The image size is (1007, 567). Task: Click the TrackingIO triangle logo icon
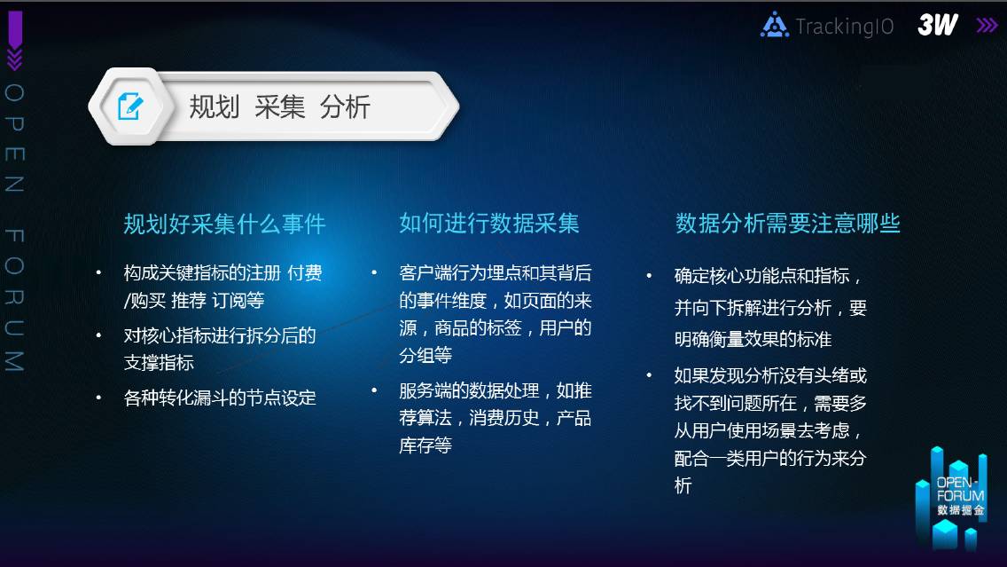tap(775, 25)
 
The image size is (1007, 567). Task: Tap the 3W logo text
tap(938, 25)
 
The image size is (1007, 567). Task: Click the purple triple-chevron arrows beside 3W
tap(987, 25)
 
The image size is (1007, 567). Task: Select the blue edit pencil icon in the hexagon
tap(130, 106)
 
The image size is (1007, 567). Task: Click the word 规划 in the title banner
tap(214, 106)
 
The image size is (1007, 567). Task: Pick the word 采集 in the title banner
tap(279, 106)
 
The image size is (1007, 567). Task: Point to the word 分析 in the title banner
tap(345, 106)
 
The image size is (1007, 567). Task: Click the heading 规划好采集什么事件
tap(225, 224)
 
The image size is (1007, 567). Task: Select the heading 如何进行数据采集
tap(489, 223)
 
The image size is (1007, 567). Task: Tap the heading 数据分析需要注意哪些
tap(787, 223)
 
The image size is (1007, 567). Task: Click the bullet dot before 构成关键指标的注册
tap(98, 272)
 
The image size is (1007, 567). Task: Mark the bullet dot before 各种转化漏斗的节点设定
tap(98, 398)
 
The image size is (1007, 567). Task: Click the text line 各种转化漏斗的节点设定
tap(220, 398)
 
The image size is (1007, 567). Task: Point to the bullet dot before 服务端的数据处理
tap(374, 390)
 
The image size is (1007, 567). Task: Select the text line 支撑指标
tap(159, 363)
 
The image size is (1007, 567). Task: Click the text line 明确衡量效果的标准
tap(753, 339)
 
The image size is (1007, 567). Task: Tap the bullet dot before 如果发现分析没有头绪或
tap(649, 374)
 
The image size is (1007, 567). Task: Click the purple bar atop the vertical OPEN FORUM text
tap(15, 29)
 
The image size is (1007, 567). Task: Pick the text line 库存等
tap(425, 445)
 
